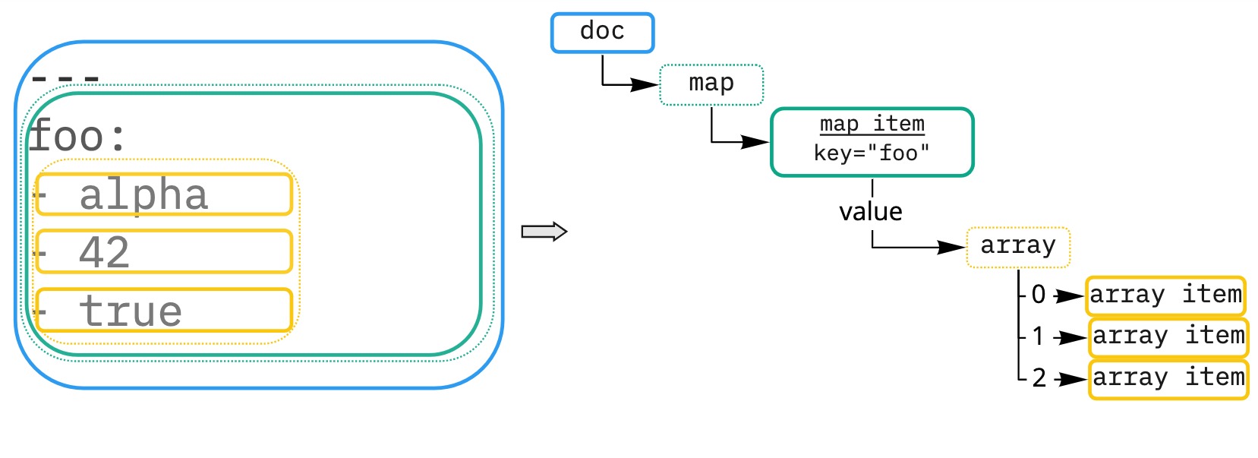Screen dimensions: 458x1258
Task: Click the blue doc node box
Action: (x=602, y=33)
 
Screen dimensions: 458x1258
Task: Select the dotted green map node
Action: (x=711, y=84)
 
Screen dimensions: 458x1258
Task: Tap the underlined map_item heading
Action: (x=872, y=124)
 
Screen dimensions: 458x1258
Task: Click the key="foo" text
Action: (x=872, y=153)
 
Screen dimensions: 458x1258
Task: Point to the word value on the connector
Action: (x=870, y=212)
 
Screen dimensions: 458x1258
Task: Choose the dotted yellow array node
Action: (x=1017, y=247)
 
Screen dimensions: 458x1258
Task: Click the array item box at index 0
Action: (x=1165, y=295)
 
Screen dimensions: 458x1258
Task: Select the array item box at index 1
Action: (x=1168, y=337)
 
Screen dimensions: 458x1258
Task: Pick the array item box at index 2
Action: (x=1168, y=379)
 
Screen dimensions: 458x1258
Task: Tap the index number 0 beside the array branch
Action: (x=1039, y=295)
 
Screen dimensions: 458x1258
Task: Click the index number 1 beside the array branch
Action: (x=1038, y=336)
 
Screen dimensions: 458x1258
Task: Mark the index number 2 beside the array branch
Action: (x=1039, y=378)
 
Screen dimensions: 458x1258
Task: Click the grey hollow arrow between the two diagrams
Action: (x=544, y=232)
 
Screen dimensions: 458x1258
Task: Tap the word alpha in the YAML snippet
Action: (x=143, y=195)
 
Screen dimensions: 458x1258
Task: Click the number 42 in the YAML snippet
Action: (x=104, y=252)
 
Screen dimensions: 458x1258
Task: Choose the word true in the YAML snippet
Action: (x=131, y=311)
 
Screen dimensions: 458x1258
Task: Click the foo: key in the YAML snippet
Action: (x=76, y=137)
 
